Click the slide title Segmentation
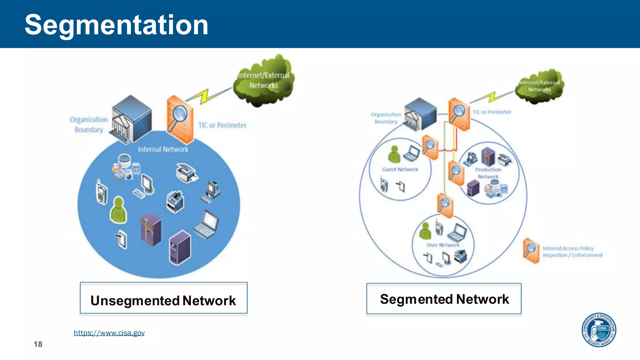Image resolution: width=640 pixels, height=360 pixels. [116, 25]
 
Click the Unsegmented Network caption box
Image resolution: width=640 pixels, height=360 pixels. [163, 298]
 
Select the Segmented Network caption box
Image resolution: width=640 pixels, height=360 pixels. [444, 299]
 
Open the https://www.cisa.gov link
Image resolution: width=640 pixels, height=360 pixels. [109, 333]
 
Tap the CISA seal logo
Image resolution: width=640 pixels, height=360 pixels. [599, 330]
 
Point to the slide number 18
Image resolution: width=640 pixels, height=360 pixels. [38, 344]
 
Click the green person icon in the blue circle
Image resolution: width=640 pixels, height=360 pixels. [118, 210]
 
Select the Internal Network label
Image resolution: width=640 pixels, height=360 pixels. [163, 149]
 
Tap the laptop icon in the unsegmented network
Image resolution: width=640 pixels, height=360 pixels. [207, 224]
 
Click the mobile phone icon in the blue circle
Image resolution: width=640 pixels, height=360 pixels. [102, 192]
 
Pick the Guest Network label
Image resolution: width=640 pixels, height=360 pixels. [400, 169]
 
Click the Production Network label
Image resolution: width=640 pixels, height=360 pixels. [488, 173]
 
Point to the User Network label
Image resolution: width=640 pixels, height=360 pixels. [443, 245]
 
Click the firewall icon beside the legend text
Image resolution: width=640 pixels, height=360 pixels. [531, 250]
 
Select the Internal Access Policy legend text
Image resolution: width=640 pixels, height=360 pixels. [572, 252]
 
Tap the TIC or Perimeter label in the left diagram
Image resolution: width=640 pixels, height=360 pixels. [222, 125]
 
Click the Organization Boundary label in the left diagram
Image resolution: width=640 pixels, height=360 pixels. [88, 124]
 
